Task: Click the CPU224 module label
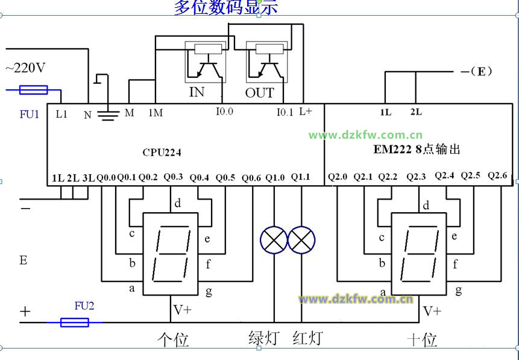tap(162, 153)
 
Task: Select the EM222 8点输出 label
tap(417, 149)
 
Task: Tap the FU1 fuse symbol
tap(34, 90)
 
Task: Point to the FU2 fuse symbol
tap(75, 323)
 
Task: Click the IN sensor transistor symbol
tap(205, 63)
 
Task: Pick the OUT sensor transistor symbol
tap(266, 63)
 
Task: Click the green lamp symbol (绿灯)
tap(274, 241)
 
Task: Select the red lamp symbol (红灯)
tap(302, 241)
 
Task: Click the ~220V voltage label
tap(25, 68)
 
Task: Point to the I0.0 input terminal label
tap(224, 112)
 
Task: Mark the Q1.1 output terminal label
tap(300, 177)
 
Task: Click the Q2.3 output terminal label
tap(416, 177)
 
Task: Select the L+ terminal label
tap(306, 112)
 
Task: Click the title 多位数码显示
tap(226, 8)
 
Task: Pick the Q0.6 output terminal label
tap(252, 178)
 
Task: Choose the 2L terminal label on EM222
tap(416, 112)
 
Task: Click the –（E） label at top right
tap(476, 71)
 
